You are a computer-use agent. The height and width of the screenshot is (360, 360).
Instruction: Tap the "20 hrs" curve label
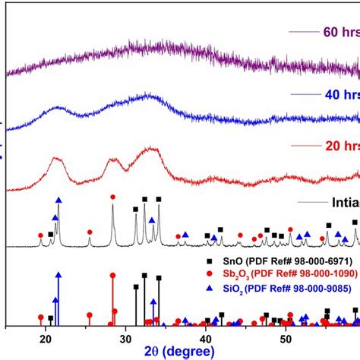335,143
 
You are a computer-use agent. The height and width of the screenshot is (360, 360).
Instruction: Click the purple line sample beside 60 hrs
303,32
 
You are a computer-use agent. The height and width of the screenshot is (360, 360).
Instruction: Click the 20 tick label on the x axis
45,338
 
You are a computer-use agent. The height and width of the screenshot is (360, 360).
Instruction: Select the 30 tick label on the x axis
125,338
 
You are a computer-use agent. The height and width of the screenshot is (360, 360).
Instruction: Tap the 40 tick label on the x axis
205,338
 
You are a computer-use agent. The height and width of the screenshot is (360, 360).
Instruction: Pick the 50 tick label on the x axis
285,338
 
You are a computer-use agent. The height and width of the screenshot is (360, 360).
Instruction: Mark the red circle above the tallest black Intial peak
113,197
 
